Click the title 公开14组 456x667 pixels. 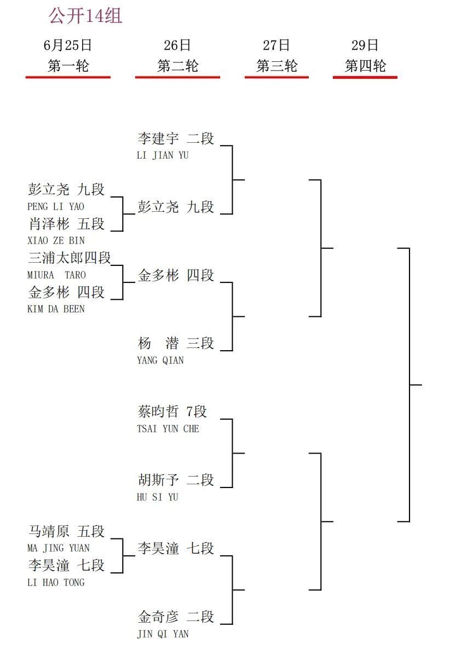click(85, 15)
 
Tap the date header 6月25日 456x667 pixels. click(68, 45)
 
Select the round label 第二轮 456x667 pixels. click(177, 66)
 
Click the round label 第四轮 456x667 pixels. click(365, 66)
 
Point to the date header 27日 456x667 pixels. click(276, 45)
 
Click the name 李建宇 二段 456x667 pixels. click(176, 138)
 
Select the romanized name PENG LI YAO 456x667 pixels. click(56, 206)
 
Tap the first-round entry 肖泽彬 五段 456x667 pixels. click(66, 224)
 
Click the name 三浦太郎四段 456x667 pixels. click(70, 258)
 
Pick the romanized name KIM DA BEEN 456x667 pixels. click(56, 309)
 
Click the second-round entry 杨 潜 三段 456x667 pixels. click(176, 343)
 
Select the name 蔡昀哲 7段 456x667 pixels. click(172, 411)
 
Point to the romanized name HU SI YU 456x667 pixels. click(157, 497)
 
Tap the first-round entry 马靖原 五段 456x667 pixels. click(66, 531)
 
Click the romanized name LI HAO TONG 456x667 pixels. click(56, 582)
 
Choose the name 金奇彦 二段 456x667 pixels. click(176, 617)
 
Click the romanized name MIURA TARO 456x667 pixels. click(56, 275)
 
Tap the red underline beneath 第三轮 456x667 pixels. click(276, 77)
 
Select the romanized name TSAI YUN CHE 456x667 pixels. click(168, 429)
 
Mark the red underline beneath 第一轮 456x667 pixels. click(68, 77)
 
